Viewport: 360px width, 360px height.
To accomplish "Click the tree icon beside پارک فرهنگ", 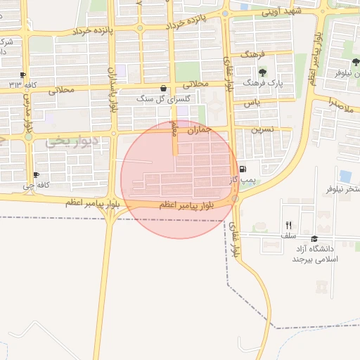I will point(262,72).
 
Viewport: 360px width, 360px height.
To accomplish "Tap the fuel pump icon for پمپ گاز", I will point(243,169).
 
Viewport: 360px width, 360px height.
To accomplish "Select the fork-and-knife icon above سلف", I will point(288,225).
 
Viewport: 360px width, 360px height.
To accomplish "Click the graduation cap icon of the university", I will point(314,239).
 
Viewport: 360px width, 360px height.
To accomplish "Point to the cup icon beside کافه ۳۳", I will point(23,75).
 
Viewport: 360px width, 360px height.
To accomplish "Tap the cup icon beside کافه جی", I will point(36,175).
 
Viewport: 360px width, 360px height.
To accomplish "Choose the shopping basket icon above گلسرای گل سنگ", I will point(164,89).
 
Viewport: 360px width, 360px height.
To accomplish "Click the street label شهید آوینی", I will point(281,12).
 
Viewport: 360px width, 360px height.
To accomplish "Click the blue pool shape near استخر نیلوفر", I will point(345,176).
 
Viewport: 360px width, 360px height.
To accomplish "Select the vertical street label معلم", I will point(176,129).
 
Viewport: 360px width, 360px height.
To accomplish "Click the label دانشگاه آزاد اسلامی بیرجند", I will point(316,254).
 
